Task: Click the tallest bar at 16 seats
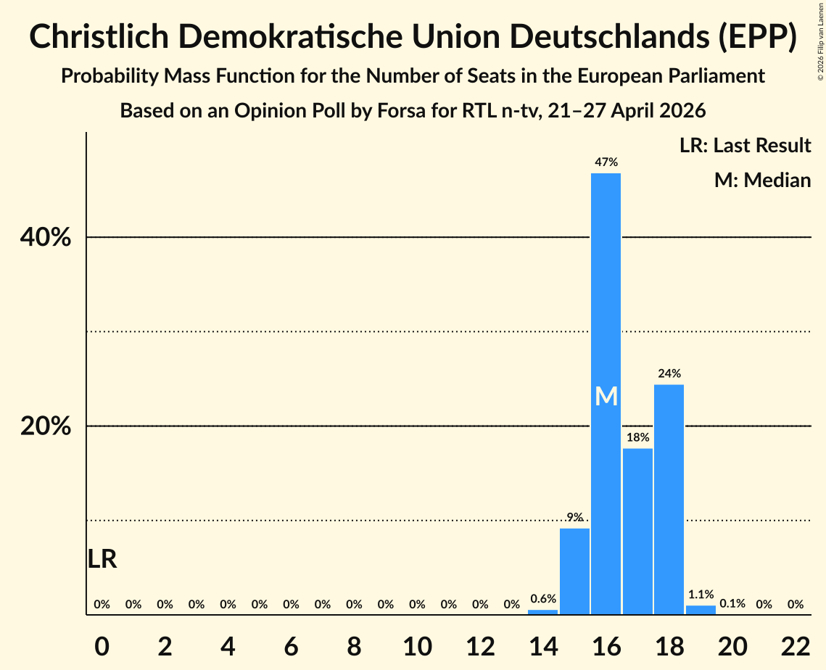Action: tap(606, 394)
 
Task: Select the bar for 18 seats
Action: tap(669, 500)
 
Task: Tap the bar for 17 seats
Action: tap(637, 532)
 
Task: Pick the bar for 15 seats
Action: tap(574, 571)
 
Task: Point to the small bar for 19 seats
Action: tap(701, 610)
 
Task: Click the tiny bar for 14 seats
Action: tap(542, 612)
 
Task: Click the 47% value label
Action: tap(606, 162)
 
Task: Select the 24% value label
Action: tap(669, 373)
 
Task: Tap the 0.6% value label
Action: tap(543, 599)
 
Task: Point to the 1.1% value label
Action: tap(701, 595)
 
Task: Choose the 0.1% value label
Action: tap(732, 603)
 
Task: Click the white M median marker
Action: tap(606, 397)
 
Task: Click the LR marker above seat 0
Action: tap(102, 559)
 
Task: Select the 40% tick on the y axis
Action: tap(45, 237)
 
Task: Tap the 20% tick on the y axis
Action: tap(45, 426)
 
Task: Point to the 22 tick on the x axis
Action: tap(796, 646)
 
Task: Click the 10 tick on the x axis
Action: tap(417, 646)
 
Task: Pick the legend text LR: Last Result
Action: tap(745, 145)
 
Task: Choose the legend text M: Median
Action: tap(762, 180)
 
